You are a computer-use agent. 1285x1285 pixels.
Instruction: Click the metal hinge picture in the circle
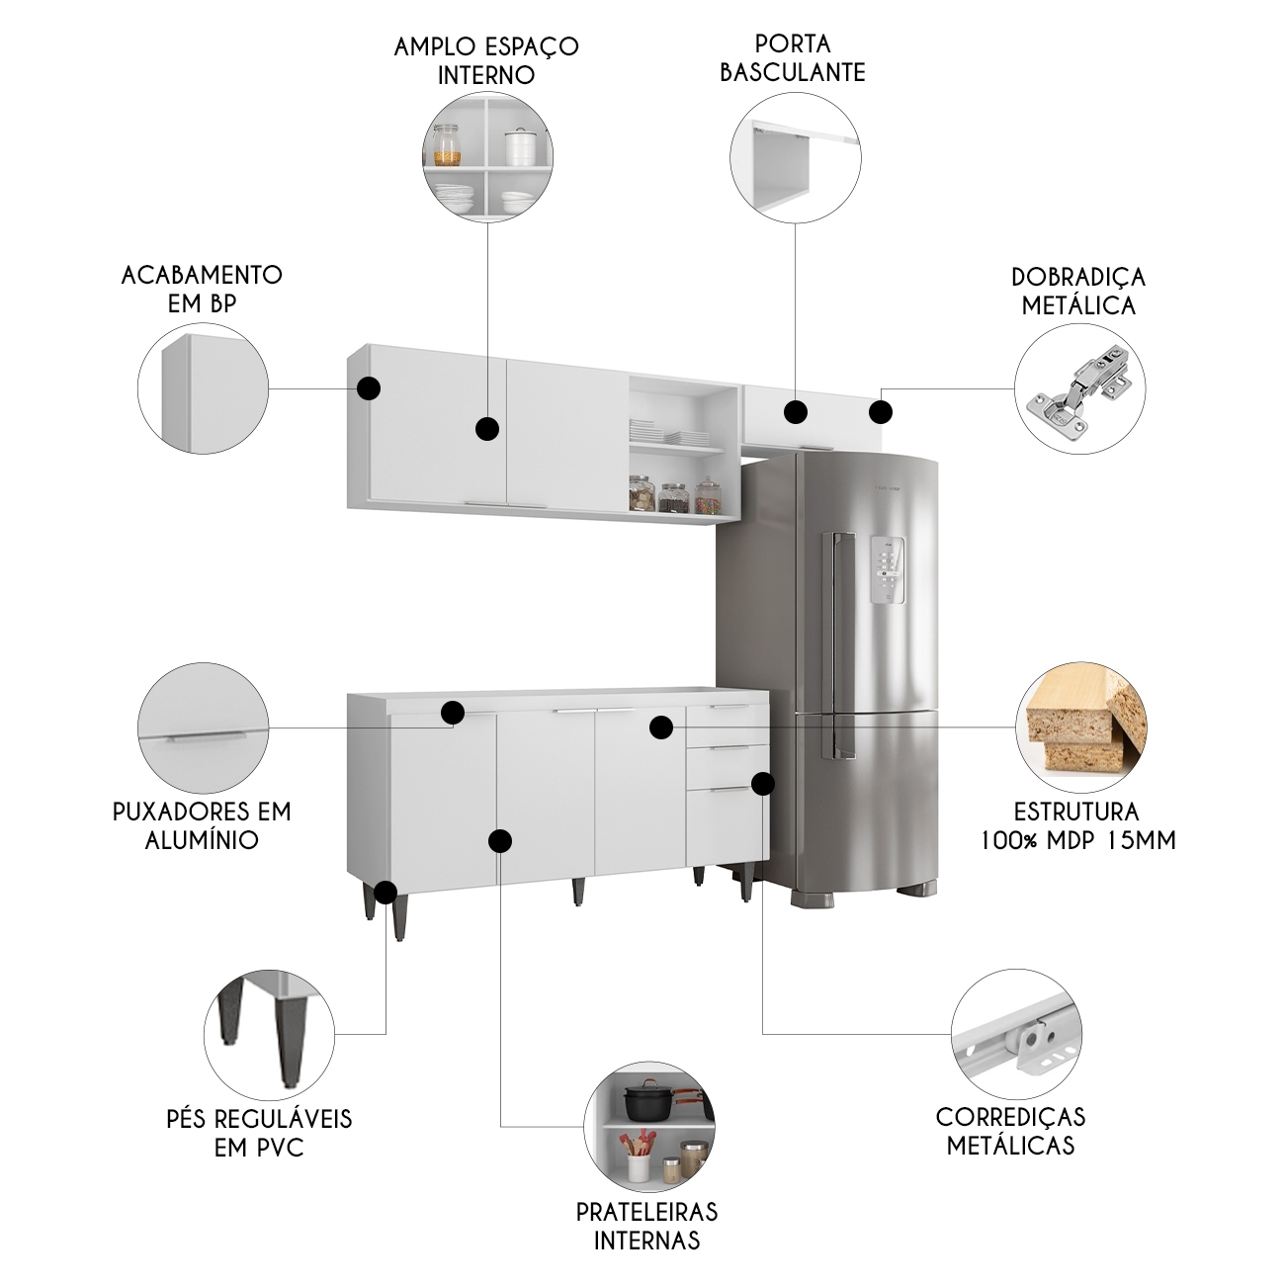point(1079,388)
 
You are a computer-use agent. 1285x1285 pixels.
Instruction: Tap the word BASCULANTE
point(792,72)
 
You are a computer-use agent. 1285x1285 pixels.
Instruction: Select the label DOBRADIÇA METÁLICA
point(1077,291)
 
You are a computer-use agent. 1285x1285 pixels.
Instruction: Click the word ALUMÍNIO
point(202,840)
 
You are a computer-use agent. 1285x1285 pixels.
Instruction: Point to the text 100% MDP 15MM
point(1077,840)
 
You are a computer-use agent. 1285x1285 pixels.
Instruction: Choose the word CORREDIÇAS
point(1010,1117)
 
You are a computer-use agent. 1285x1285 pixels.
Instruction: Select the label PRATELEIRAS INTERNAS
point(646,1226)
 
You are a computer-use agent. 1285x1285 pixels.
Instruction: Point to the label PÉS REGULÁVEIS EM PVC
point(259,1133)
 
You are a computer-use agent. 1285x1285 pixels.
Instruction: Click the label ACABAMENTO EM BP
point(202,289)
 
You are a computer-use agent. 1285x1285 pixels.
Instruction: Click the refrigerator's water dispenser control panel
point(888,570)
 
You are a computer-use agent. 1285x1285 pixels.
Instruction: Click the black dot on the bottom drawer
point(762,784)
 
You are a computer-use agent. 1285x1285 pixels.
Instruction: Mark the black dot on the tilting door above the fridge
point(796,412)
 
